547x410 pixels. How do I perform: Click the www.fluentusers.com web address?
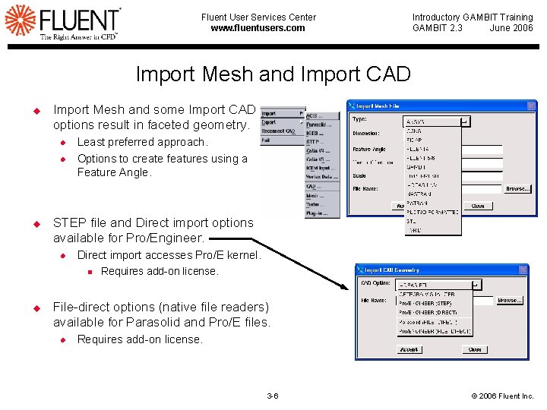(x=258, y=28)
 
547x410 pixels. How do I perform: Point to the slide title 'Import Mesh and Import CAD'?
(x=273, y=74)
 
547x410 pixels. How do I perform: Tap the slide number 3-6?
(x=273, y=396)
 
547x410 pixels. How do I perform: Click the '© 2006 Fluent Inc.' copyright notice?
(x=503, y=396)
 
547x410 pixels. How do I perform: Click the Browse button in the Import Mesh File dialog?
(x=518, y=189)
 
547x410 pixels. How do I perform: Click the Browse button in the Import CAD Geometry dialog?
(x=509, y=301)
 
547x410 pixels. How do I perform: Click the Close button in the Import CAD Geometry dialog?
(x=475, y=350)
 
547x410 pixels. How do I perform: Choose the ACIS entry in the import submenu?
(x=315, y=115)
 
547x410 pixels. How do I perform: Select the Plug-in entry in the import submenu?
(x=316, y=214)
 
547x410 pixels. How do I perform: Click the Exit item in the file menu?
(x=266, y=140)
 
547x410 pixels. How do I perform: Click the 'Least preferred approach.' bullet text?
(x=142, y=142)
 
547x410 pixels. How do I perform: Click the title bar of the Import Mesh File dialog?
(x=441, y=106)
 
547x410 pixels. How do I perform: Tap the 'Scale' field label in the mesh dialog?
(x=359, y=175)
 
